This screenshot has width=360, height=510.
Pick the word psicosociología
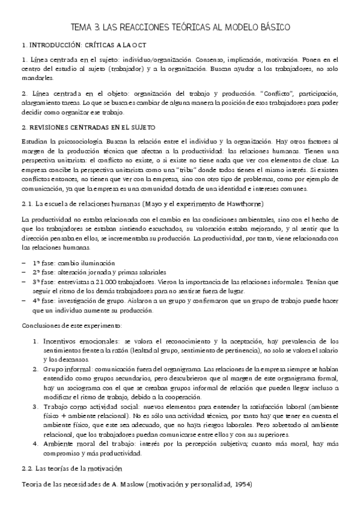point(71,140)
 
